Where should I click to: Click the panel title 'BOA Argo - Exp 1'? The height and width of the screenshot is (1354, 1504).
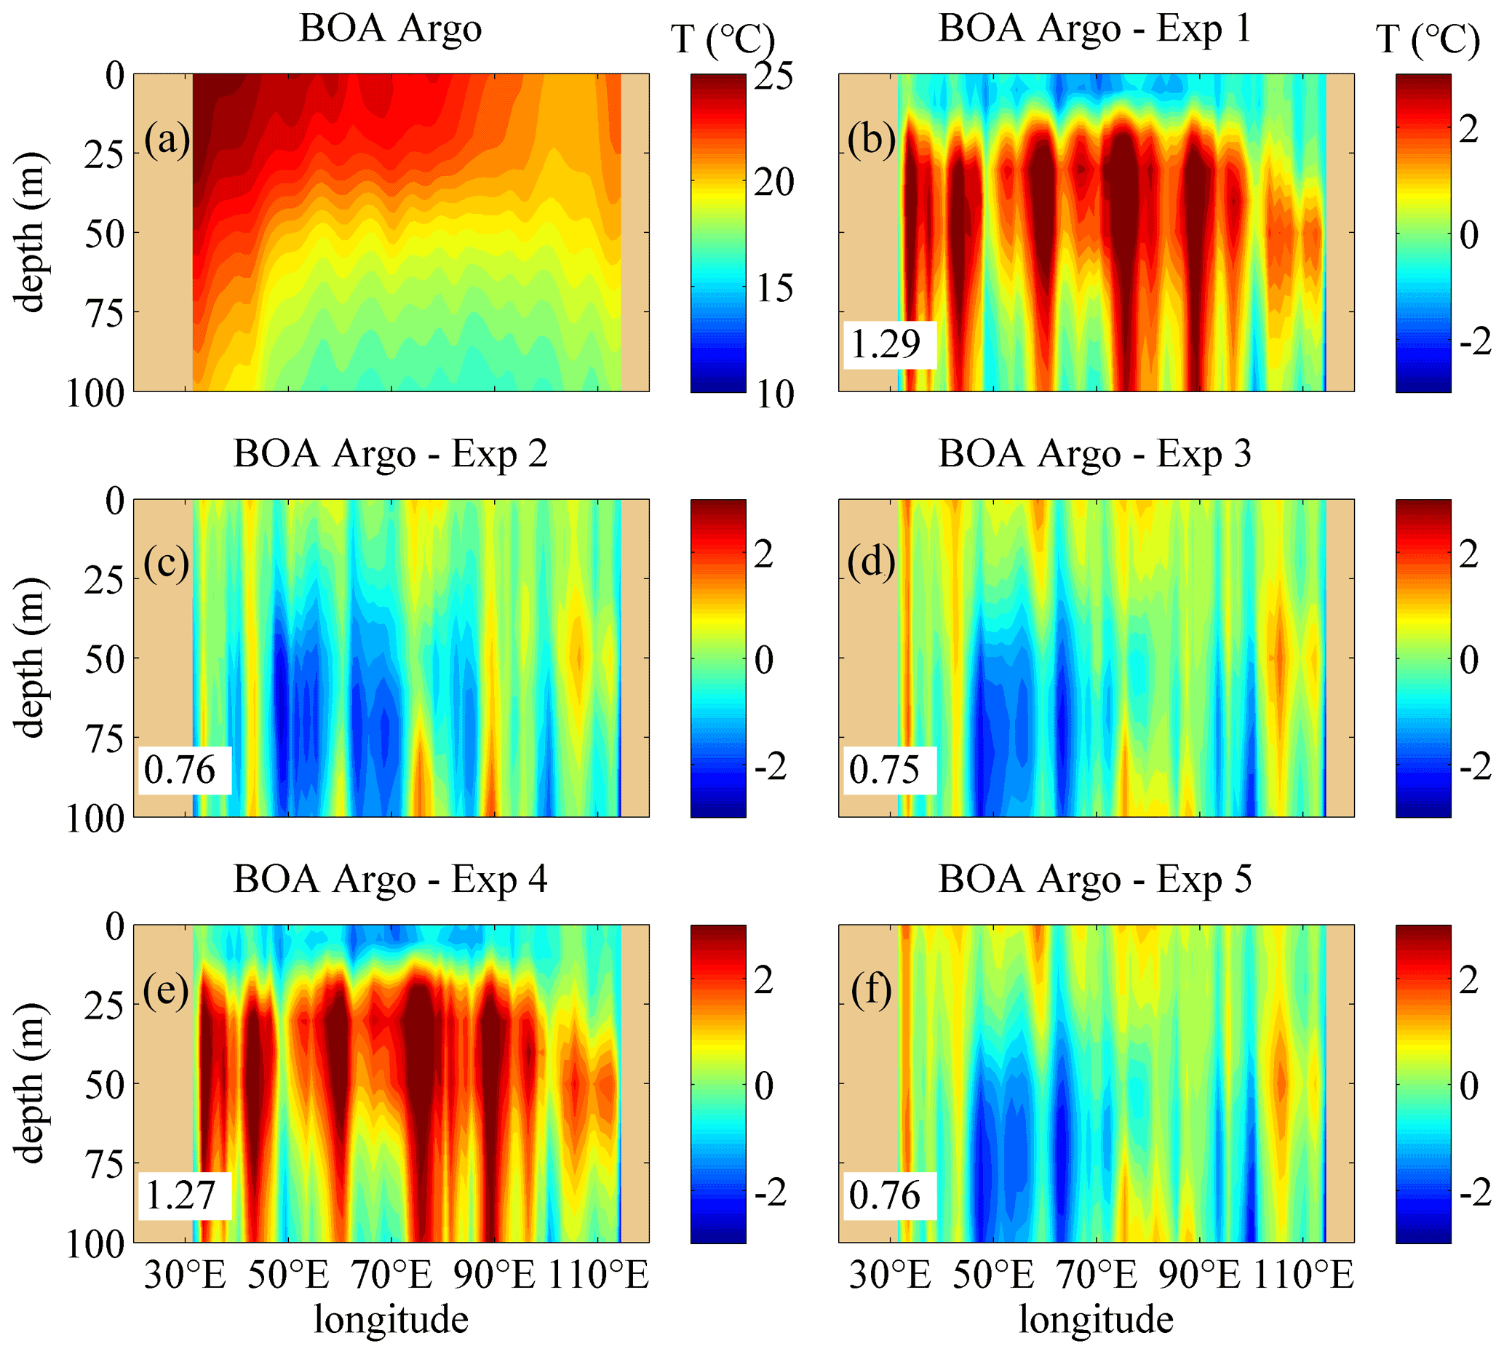point(1094,30)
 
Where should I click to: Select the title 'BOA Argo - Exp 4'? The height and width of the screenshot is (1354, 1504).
point(391,880)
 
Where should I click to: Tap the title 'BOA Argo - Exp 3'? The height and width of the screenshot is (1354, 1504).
point(1094,455)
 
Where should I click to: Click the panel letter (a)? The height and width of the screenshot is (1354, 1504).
point(167,139)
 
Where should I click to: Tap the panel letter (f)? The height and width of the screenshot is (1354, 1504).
point(871,990)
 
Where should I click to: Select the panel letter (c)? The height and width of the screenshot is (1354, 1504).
point(167,563)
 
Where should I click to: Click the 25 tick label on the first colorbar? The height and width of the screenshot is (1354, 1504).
point(773,76)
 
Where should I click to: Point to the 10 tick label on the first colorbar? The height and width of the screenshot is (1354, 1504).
point(773,394)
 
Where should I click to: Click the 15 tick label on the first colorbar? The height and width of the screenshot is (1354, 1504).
point(773,288)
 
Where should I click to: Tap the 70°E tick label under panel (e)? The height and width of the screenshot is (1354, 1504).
point(392,1275)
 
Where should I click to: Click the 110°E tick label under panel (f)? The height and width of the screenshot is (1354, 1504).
point(1304,1275)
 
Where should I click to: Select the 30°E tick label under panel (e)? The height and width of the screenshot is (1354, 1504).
point(186,1275)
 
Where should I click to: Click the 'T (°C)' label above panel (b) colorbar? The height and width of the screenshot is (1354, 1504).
point(1428,39)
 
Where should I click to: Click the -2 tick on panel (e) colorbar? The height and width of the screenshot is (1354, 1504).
point(771,1193)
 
